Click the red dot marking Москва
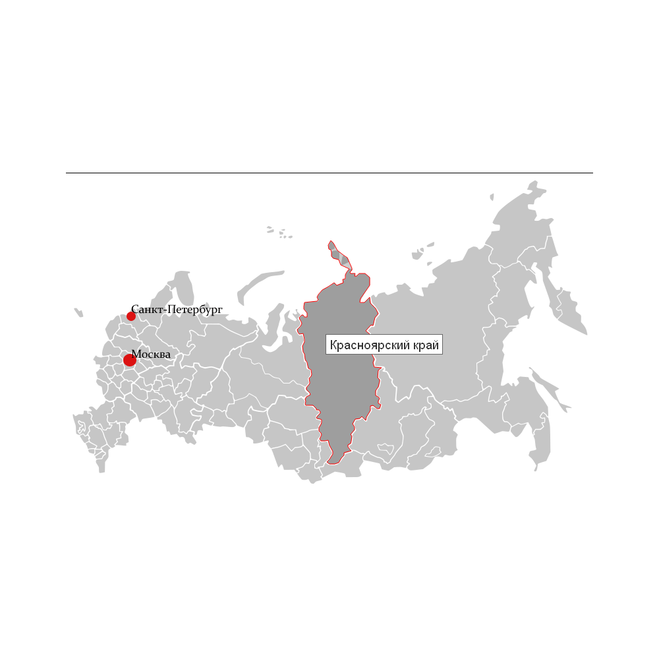pos(130,360)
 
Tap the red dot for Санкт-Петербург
pos(131,316)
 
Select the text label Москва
pos(151,355)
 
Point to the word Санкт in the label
pos(146,309)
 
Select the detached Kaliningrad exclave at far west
pos(79,313)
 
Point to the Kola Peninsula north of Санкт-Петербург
pos(181,283)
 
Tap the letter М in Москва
pos(136,355)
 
